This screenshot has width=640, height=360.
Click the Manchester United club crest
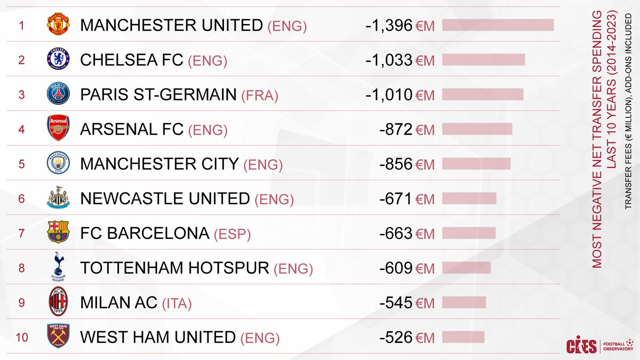coord(57,25)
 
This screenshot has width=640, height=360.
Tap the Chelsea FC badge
coord(57,60)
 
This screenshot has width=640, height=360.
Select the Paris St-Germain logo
coord(57,94)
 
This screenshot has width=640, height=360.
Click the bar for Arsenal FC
coord(477,129)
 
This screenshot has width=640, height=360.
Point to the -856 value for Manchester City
coord(396,164)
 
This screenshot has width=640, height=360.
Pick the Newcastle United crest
coord(57,198)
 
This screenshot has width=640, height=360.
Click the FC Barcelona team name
coord(145,234)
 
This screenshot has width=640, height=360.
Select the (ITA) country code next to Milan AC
coord(177,303)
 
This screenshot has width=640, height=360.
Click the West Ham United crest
coord(57,337)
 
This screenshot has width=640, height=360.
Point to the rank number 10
coord(21,338)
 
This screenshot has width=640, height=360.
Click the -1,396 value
coord(389,25)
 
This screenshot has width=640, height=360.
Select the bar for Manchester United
coord(498,25)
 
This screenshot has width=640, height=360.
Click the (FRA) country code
coord(259,95)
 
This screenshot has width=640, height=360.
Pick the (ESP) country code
coord(231,234)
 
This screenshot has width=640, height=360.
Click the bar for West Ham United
coord(463,337)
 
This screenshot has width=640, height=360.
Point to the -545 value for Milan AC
coord(396,303)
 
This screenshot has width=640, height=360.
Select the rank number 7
coord(21,234)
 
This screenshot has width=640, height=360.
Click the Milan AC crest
coord(57,302)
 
